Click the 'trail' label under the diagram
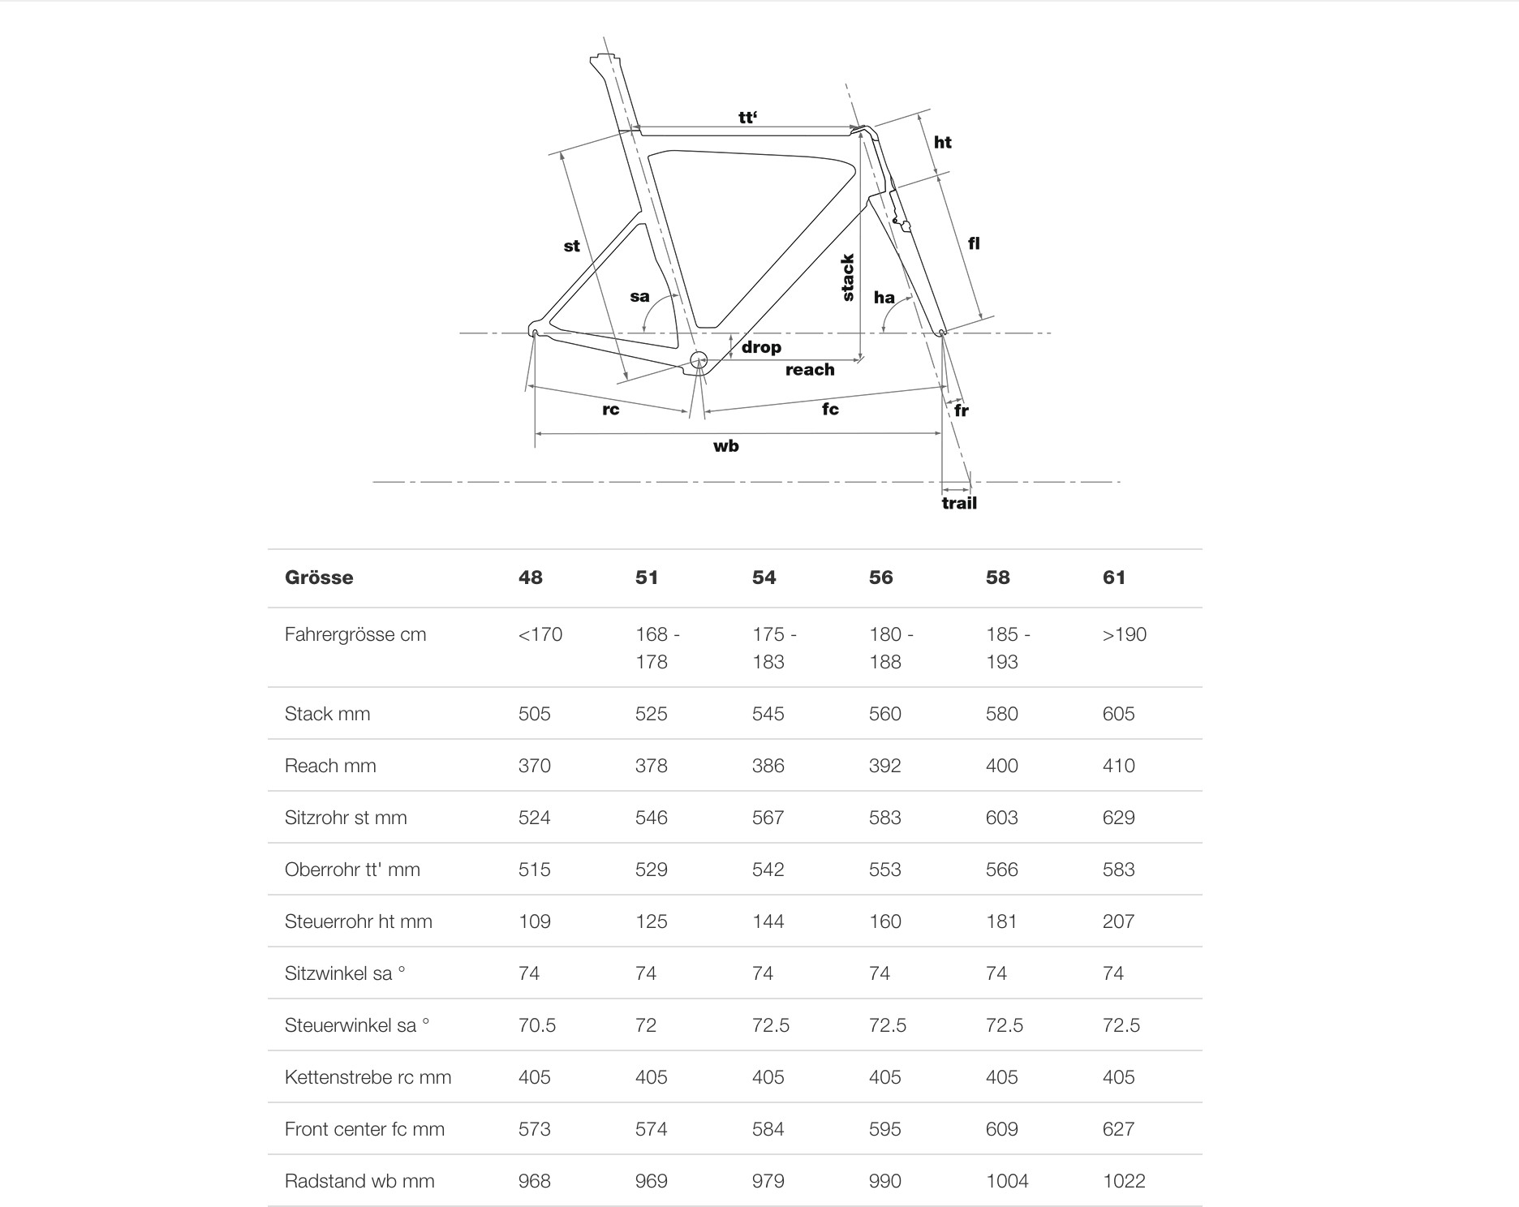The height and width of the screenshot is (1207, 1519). (959, 503)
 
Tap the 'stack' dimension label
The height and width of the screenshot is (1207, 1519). (848, 277)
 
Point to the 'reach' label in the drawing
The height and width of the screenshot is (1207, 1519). (810, 370)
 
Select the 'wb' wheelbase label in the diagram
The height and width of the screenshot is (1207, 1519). (725, 446)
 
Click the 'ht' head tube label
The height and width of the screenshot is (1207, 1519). (942, 143)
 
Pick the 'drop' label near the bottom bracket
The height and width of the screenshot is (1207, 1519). (761, 347)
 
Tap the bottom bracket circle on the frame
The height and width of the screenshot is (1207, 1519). (698, 359)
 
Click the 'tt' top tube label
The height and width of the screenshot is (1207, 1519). (747, 118)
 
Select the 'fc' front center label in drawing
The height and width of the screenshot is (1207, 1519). (830, 409)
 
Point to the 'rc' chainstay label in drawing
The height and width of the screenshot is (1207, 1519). (611, 410)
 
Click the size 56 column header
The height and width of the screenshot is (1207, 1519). (881, 578)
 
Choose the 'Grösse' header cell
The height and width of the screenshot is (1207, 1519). (319, 578)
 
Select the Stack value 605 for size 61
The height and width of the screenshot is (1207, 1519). (1118, 714)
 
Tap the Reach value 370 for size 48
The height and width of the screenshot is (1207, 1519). (534, 766)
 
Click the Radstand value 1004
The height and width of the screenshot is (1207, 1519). (1007, 1181)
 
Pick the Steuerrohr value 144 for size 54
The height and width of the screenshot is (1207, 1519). (768, 921)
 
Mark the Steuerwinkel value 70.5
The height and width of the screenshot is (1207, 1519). (537, 1025)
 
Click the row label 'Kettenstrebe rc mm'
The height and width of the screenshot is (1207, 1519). (368, 1077)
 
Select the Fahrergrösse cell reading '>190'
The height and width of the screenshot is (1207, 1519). (1124, 634)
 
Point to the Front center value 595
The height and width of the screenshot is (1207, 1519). (884, 1129)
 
